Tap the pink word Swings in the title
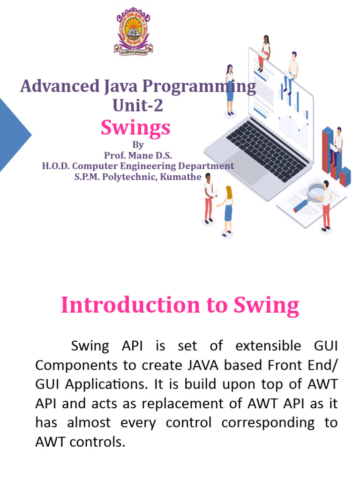coord(135,127)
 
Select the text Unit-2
coord(138,105)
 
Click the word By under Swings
coord(138,145)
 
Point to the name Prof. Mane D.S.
coord(138,156)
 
